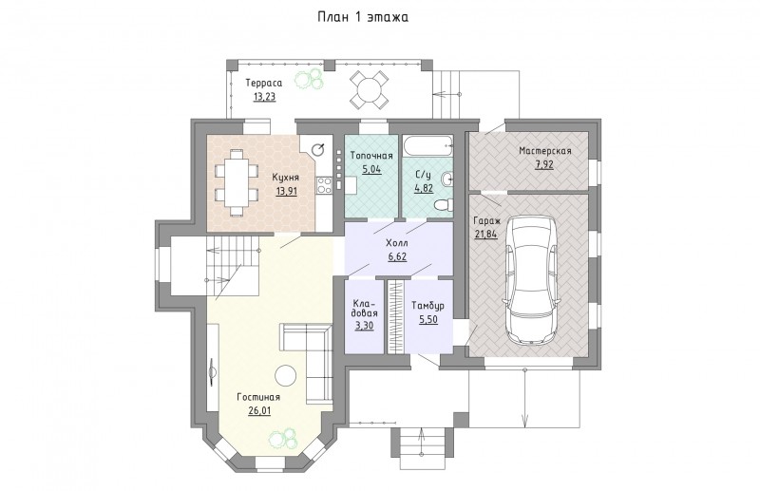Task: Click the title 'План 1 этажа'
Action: [x=363, y=17]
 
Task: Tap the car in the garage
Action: [x=531, y=280]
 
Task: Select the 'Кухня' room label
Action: [x=286, y=177]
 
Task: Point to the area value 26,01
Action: [x=259, y=411]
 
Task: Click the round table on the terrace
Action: [x=369, y=89]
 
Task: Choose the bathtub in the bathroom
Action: [x=428, y=144]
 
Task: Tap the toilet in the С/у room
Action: [x=444, y=205]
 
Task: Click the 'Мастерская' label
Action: [x=544, y=151]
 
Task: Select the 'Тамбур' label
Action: [x=427, y=306]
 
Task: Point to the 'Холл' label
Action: [x=396, y=243]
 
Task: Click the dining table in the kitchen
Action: [x=237, y=182]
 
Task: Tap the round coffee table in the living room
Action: [x=285, y=376]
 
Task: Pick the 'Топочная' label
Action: [x=371, y=156]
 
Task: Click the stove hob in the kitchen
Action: [x=324, y=184]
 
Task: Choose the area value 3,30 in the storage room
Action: [x=364, y=325]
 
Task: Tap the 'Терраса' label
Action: [x=263, y=83]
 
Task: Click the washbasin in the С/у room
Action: [x=448, y=179]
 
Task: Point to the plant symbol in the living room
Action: [x=283, y=439]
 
